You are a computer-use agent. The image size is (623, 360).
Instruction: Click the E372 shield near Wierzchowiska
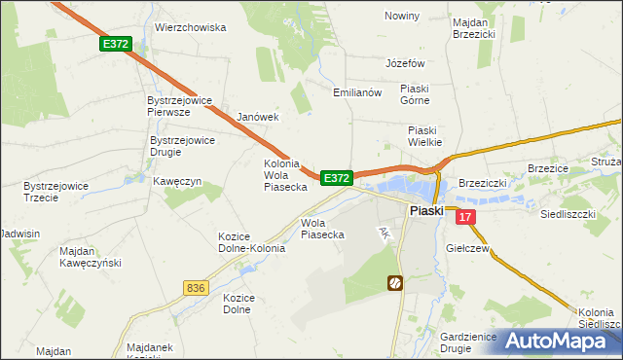click(115, 45)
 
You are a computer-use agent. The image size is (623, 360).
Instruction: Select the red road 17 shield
click(466, 218)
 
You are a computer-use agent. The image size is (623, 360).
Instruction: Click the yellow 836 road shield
click(195, 287)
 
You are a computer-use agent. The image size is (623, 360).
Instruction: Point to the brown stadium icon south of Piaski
click(395, 283)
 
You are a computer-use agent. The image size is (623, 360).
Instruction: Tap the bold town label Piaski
click(426, 210)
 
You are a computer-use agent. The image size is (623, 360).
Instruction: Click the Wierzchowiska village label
click(190, 28)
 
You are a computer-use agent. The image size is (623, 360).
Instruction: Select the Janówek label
click(258, 117)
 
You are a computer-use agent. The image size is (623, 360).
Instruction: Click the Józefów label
click(406, 62)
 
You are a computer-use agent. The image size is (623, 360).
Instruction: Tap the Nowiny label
click(401, 17)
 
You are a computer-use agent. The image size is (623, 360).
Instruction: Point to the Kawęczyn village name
click(176, 182)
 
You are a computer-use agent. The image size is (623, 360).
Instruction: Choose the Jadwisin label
click(20, 234)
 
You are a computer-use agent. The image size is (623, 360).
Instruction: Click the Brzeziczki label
click(484, 182)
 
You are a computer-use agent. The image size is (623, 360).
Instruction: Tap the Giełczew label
click(467, 249)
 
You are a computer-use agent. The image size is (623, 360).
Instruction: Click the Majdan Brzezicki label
click(474, 26)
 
